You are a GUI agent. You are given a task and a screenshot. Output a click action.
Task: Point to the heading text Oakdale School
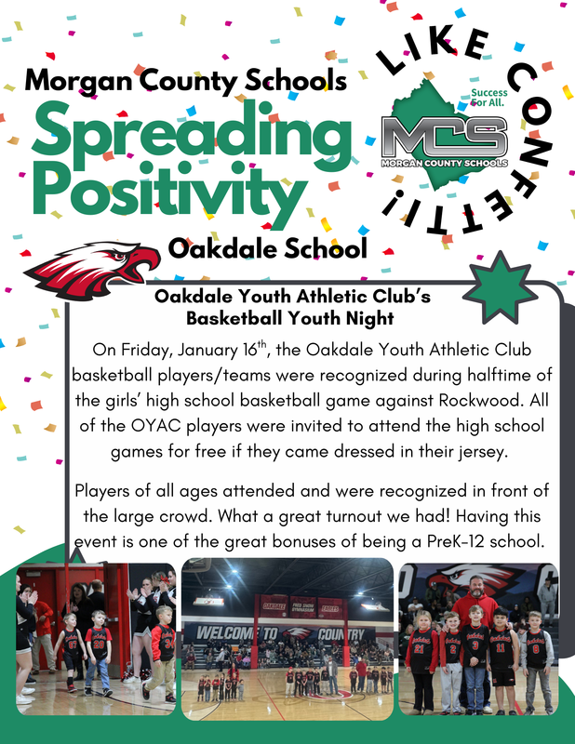click(268, 248)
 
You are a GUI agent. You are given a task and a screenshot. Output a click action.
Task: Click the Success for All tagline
click(489, 99)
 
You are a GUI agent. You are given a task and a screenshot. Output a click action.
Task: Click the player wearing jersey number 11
click(501, 651)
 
